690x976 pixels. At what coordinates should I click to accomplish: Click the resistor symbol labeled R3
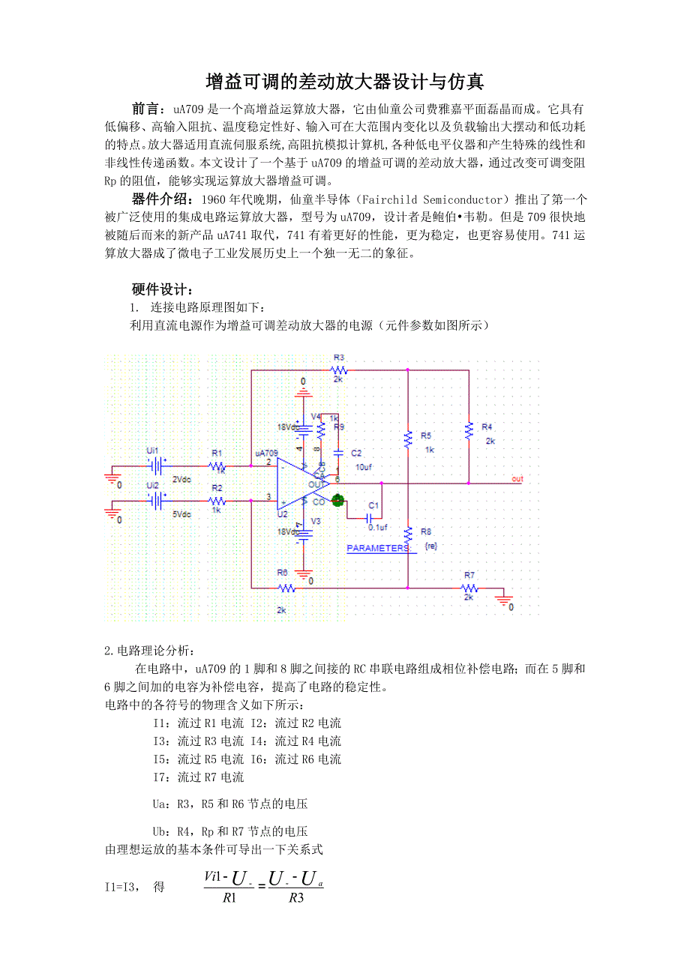[x=340, y=370]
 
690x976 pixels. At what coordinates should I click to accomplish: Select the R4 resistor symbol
[x=469, y=430]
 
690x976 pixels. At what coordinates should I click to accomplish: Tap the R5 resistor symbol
[x=408, y=439]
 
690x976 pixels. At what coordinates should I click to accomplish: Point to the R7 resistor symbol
[x=469, y=588]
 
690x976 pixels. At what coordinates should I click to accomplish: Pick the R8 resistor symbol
[x=408, y=534]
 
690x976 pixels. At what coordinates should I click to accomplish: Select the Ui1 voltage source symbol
[x=156, y=466]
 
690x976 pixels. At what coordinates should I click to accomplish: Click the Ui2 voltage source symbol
[x=156, y=501]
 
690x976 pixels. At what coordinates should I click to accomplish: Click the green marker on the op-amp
[x=337, y=499]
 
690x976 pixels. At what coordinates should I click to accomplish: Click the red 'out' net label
[x=517, y=478]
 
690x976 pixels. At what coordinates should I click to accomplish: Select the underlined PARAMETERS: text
[x=379, y=548]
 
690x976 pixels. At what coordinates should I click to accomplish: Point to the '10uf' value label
[x=363, y=466]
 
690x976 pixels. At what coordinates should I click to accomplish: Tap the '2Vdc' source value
[x=181, y=479]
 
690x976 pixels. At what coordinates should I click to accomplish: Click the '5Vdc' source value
[x=181, y=514]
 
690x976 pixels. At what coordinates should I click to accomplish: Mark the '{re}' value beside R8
[x=430, y=546]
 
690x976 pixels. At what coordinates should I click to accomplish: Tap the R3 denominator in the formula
[x=295, y=898]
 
